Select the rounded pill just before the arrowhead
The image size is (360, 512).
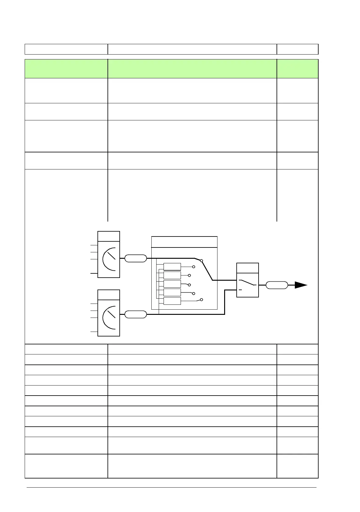pyautogui.click(x=277, y=285)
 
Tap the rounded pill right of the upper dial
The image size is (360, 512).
pyautogui.click(x=136, y=258)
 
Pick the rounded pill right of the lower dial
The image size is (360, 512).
pyautogui.click(x=136, y=314)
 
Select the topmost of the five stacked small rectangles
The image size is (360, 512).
pyautogui.click(x=172, y=267)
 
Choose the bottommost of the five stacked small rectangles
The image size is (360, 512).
pyautogui.click(x=172, y=301)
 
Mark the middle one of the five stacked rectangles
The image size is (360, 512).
pyautogui.click(x=172, y=284)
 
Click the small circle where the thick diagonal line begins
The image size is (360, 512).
pyautogui.click(x=201, y=261)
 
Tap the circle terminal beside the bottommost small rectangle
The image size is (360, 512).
pyautogui.click(x=201, y=300)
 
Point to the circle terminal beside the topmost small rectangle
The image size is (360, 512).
pyautogui.click(x=193, y=267)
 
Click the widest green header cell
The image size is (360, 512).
pyautogui.click(x=192, y=69)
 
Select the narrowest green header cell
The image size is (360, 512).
pyautogui.click(x=297, y=69)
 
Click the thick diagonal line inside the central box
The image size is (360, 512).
pyautogui.click(x=207, y=270)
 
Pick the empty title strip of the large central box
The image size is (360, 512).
pyautogui.click(x=184, y=242)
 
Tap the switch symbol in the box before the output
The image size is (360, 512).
pyautogui.click(x=247, y=283)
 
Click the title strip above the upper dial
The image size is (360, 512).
pyautogui.click(x=109, y=236)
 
